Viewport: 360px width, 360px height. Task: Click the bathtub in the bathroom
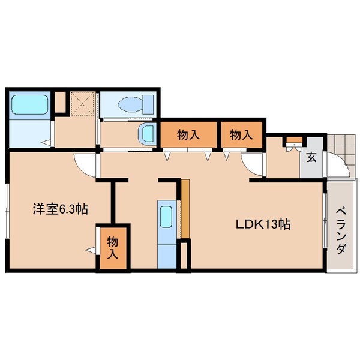tap(30, 104)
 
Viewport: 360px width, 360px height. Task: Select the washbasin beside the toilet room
tap(147, 134)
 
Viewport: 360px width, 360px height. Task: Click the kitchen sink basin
tap(166, 217)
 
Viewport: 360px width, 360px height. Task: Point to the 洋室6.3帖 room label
tap(60, 209)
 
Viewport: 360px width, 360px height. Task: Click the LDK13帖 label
tap(263, 224)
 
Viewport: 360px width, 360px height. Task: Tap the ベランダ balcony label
tap(341, 231)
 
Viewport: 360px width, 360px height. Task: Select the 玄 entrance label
tap(311, 157)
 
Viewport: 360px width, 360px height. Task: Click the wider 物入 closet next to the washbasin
tap(188, 134)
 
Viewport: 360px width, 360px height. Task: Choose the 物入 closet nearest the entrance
tap(242, 134)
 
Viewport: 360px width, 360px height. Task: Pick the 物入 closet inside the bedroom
tap(113, 248)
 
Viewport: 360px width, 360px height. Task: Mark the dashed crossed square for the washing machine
tap(83, 103)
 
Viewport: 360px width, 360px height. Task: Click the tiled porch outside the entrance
tap(341, 152)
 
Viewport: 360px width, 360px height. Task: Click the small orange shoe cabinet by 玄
tap(295, 140)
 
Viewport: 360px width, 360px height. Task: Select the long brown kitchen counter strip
tap(185, 209)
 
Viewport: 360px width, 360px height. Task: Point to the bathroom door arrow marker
tap(47, 143)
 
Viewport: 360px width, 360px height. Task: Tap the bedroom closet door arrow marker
tap(91, 250)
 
